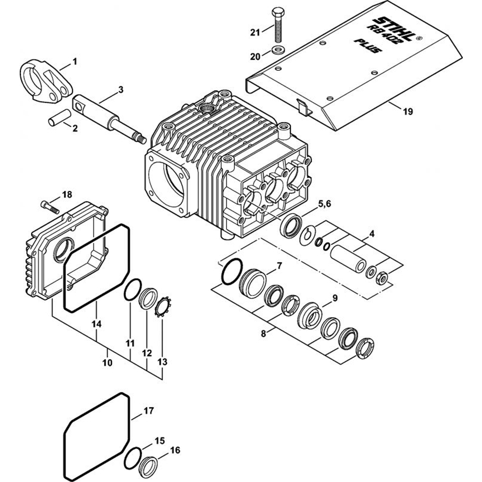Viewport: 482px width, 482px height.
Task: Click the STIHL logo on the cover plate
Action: tap(396, 27)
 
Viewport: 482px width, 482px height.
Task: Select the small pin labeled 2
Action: tap(57, 120)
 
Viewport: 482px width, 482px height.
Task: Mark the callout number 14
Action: tap(96, 324)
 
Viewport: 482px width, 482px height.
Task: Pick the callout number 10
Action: tap(107, 361)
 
